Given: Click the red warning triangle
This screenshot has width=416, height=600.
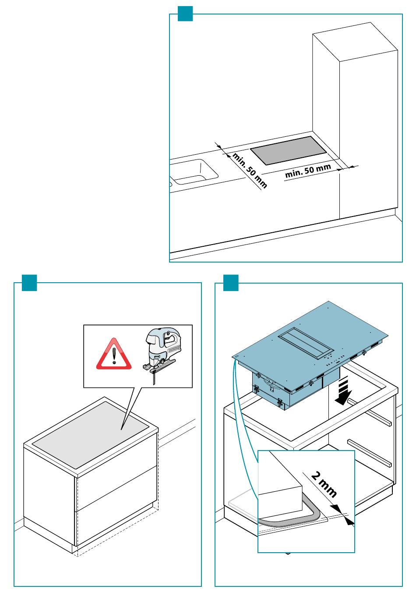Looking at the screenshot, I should [114, 355].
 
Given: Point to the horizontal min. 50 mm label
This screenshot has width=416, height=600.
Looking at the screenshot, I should [308, 171].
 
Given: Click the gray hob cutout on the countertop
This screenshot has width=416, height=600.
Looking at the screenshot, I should [289, 150].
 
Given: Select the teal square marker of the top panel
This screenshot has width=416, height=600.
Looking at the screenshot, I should [185, 14].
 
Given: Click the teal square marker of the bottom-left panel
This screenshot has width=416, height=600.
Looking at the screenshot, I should [29, 283].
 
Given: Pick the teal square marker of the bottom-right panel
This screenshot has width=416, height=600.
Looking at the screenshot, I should [231, 283].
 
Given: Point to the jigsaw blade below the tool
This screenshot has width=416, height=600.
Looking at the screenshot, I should [154, 377].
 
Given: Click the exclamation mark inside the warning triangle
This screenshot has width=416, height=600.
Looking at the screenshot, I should [114, 356].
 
